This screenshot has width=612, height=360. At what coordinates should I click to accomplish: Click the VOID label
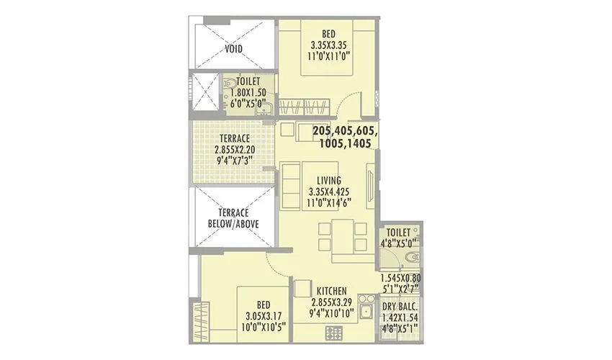pyautogui.click(x=233, y=50)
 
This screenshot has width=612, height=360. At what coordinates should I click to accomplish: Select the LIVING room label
pyautogui.click(x=328, y=180)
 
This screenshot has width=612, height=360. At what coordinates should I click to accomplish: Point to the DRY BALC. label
pyautogui.click(x=399, y=306)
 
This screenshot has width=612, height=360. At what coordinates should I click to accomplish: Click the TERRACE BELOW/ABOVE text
pyautogui.click(x=233, y=218)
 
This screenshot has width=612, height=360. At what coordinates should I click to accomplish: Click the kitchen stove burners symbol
pyautogui.click(x=334, y=332)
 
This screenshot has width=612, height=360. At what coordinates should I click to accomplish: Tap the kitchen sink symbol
pyautogui.click(x=366, y=311)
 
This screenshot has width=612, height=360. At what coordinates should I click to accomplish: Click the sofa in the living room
pyautogui.click(x=292, y=185)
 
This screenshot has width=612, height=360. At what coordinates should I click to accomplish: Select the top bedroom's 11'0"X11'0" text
pyautogui.click(x=328, y=54)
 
